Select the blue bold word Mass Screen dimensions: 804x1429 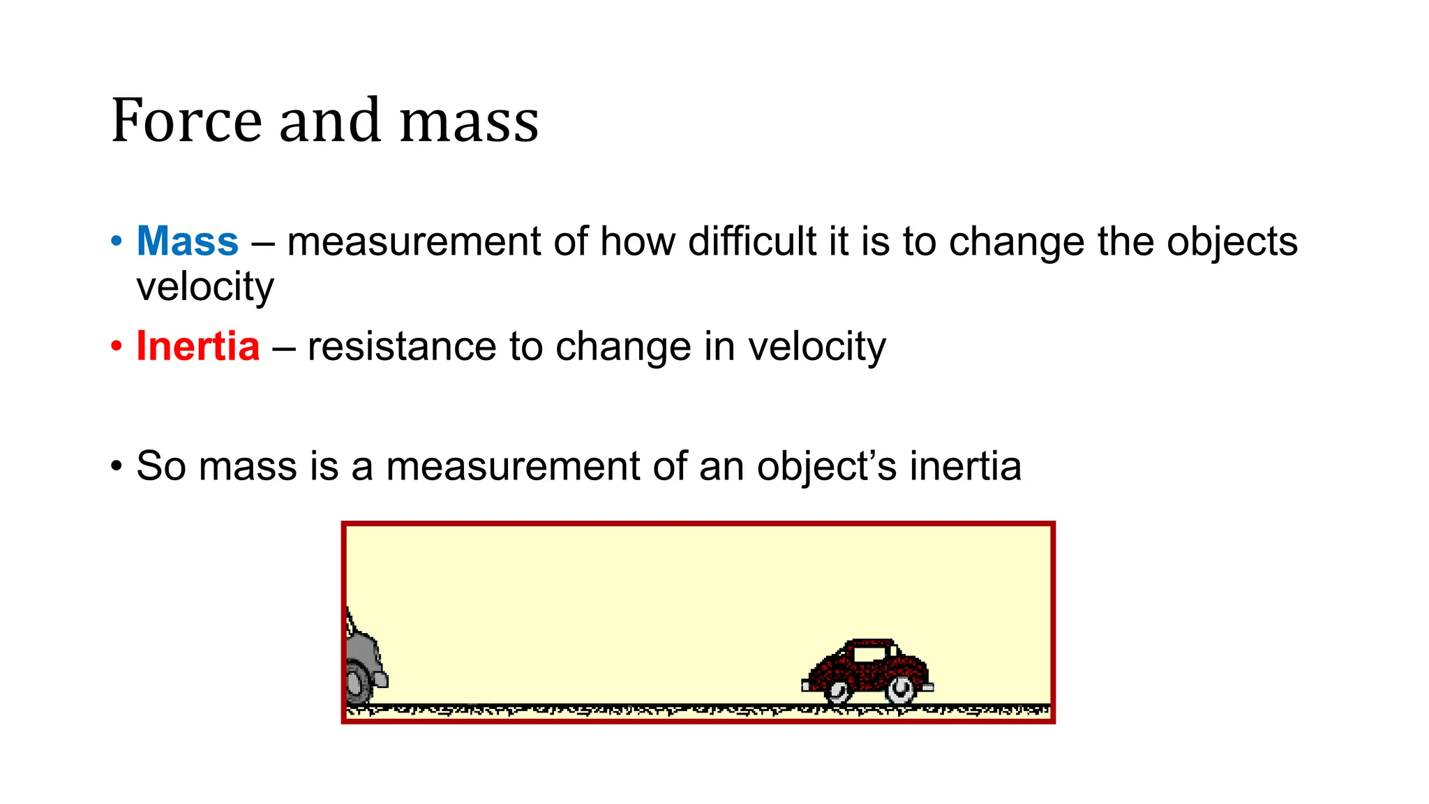point(188,241)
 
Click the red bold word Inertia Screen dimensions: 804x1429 point(198,346)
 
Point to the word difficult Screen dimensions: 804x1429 point(752,241)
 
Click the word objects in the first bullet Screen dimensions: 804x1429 point(1232,241)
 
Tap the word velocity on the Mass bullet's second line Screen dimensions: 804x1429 point(205,287)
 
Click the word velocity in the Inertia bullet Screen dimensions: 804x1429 point(816,346)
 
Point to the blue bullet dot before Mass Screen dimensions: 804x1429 point(117,242)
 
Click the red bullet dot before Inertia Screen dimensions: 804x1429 point(117,347)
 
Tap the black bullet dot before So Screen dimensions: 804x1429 point(117,466)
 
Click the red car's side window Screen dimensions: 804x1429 point(868,655)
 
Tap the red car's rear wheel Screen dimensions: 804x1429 point(837,691)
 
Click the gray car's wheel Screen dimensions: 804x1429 point(357,684)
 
